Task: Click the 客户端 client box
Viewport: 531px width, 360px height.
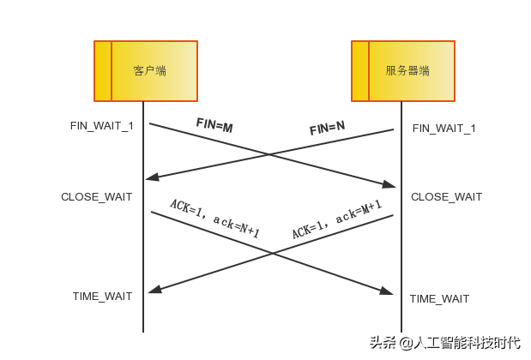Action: (147, 70)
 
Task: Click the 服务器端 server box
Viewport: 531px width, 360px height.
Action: (404, 70)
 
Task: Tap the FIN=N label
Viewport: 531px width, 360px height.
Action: (327, 129)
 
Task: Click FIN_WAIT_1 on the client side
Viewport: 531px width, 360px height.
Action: (101, 126)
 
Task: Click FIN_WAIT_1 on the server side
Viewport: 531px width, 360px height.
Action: (444, 128)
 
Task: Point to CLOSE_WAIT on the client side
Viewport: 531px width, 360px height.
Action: (96, 196)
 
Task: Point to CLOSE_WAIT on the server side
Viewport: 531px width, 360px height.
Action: (446, 197)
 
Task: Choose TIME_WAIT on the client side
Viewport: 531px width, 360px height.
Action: (102, 297)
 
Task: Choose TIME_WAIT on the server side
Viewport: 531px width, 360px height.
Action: (439, 298)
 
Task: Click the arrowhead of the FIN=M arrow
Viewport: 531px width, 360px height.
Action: (390, 185)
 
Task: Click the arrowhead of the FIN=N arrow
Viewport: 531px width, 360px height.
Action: (150, 178)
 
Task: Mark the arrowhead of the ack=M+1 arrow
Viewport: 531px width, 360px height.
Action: (152, 291)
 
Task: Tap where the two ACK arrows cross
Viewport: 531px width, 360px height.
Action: (272, 253)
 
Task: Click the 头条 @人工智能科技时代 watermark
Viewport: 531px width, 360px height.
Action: (444, 341)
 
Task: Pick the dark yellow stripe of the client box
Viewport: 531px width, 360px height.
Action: (103, 70)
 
